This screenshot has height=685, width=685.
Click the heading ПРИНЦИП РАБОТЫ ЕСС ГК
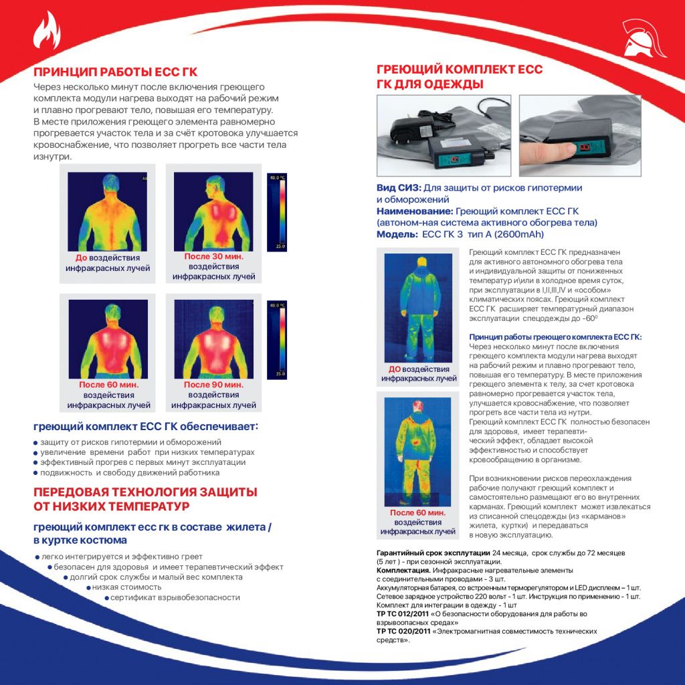pyautogui.click(x=115, y=72)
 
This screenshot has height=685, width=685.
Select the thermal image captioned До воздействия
pyautogui.click(x=108, y=211)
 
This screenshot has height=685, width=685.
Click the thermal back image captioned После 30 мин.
pyautogui.click(x=213, y=211)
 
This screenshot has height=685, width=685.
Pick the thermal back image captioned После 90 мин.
pyautogui.click(x=213, y=339)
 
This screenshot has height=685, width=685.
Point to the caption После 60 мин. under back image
pyautogui.click(x=109, y=385)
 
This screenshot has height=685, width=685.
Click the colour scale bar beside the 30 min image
pyautogui.click(x=277, y=212)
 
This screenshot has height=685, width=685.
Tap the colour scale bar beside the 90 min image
pyautogui.click(x=277, y=340)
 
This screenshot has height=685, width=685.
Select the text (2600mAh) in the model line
pyautogui.click(x=519, y=234)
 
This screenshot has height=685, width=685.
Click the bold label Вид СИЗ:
pyautogui.click(x=399, y=188)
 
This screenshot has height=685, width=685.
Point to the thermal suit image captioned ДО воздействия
pyautogui.click(x=418, y=308)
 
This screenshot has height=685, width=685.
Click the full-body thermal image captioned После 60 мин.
pyautogui.click(x=417, y=452)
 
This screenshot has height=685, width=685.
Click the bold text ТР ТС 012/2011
pyautogui.click(x=403, y=614)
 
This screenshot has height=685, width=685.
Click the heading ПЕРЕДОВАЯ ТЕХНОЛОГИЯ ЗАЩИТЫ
pyautogui.click(x=145, y=492)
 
